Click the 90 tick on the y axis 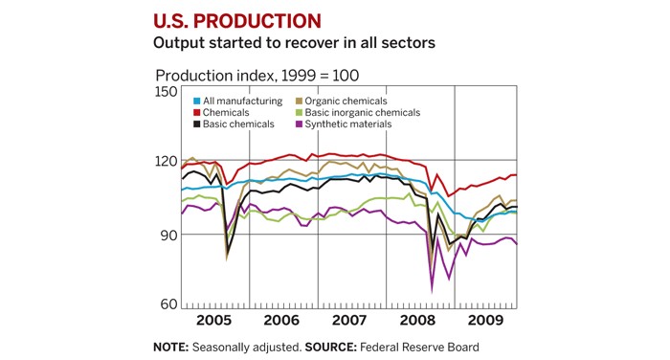[167, 235]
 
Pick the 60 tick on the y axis [167, 304]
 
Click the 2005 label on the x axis [213, 320]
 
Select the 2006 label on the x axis [281, 320]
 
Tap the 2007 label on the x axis [348, 320]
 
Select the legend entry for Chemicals [225, 112]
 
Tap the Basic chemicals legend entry [236, 124]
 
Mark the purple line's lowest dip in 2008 [432, 290]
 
